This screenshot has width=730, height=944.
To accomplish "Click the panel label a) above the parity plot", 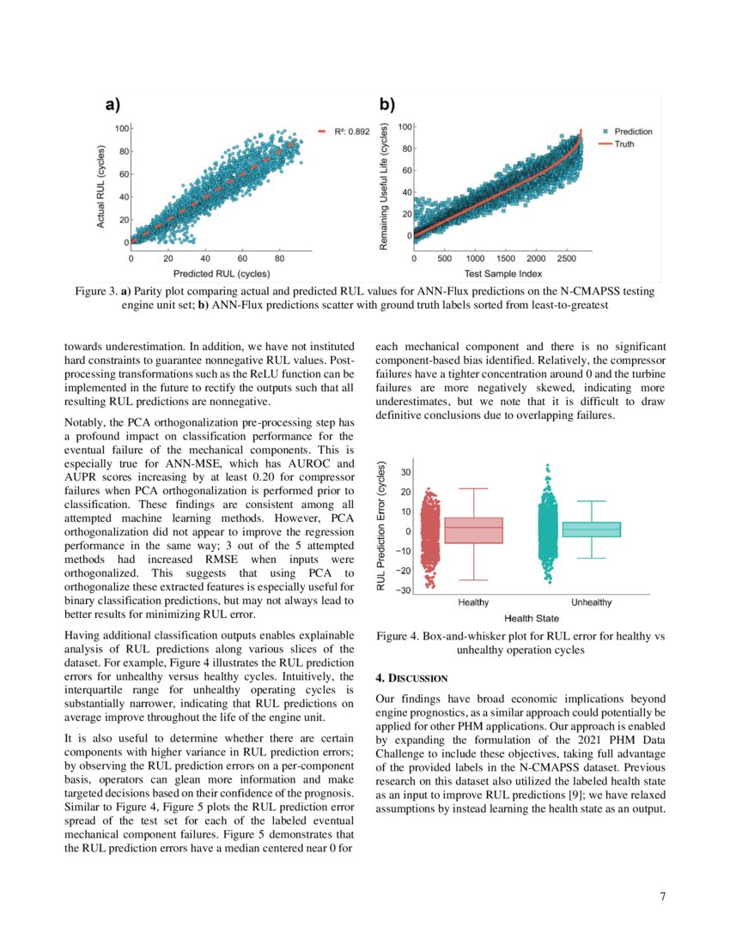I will [x=112, y=105].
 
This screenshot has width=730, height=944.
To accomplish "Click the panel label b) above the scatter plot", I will [x=387, y=105].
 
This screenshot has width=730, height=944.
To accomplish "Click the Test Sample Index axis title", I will [x=503, y=274].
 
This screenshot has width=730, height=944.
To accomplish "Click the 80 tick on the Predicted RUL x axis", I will [x=279, y=257].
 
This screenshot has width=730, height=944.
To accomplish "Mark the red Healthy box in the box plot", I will [x=473, y=529].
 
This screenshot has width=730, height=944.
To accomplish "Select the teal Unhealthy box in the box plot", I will [x=591, y=529].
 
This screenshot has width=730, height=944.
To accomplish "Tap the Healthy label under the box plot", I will [x=473, y=602].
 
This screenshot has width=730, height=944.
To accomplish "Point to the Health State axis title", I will [x=531, y=618].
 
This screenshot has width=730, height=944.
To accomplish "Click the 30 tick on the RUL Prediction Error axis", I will [x=405, y=472].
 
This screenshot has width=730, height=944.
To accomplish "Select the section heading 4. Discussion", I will [x=412, y=679].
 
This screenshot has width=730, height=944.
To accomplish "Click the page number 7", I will [x=662, y=898].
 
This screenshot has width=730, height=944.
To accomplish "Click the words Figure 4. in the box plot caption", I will [x=402, y=636].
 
